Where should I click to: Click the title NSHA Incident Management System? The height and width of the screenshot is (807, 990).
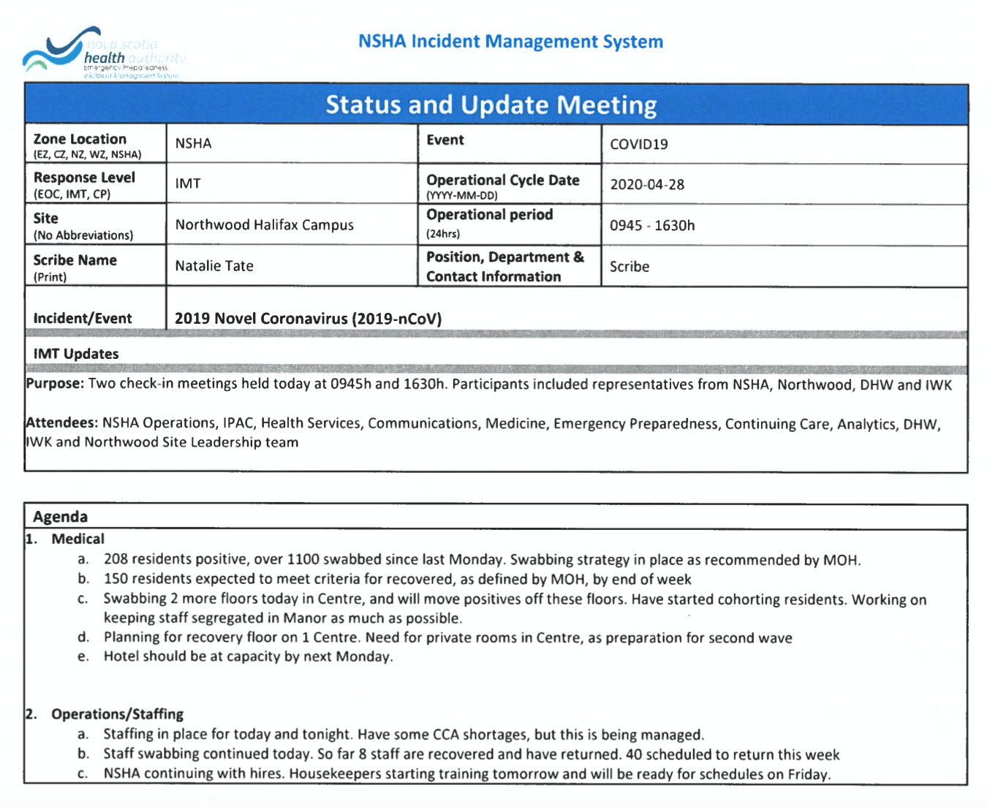(510, 42)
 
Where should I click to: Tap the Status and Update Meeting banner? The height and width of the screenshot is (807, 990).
(491, 105)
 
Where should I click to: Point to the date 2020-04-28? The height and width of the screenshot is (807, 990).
(647, 185)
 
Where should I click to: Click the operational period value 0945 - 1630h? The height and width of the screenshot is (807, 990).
(652, 226)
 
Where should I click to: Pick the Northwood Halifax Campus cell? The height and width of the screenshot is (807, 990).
(264, 225)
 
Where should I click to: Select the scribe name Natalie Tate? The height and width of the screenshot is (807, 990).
(214, 266)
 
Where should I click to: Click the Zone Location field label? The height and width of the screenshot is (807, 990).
(80, 139)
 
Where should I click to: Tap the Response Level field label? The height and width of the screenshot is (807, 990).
(84, 178)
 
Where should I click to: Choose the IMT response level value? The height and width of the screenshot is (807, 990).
(188, 183)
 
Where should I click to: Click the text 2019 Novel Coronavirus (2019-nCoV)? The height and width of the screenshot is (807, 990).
(308, 319)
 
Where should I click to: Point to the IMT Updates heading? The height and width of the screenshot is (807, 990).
(76, 354)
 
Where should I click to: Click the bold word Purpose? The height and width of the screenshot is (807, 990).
(56, 384)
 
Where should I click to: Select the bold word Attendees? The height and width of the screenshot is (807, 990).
(62, 423)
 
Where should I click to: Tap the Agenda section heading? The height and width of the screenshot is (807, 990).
(60, 517)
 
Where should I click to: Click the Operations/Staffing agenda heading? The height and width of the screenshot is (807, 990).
(117, 714)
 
